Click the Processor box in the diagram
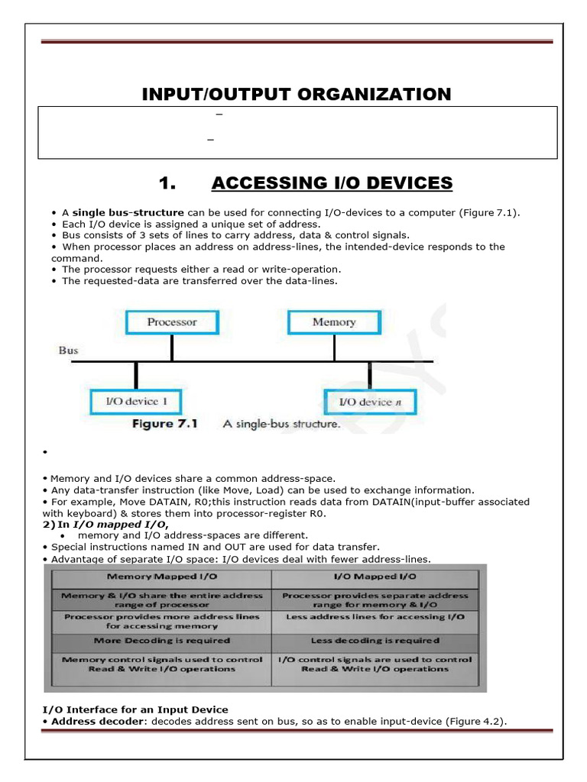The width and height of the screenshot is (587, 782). click(171, 322)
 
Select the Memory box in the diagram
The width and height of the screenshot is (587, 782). click(334, 322)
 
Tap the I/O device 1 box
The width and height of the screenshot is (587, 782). click(136, 402)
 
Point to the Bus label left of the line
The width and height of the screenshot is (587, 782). click(69, 351)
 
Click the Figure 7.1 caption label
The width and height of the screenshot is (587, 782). click(164, 424)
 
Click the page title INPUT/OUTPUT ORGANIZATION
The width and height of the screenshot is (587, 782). click(297, 94)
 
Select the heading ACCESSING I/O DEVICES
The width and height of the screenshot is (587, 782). click(332, 183)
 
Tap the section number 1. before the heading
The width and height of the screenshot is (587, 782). click(167, 183)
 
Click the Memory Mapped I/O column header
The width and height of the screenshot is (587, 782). click(161, 576)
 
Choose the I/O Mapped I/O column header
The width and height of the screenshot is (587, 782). click(375, 576)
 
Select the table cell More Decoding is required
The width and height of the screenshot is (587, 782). click(161, 641)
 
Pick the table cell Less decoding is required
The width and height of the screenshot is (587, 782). click(375, 641)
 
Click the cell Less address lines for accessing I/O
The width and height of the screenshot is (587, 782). click(375, 616)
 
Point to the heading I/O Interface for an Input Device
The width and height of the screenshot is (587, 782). click(135, 710)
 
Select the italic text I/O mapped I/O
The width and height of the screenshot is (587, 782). click(119, 525)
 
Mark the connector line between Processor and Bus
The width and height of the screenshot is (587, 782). click(171, 347)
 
